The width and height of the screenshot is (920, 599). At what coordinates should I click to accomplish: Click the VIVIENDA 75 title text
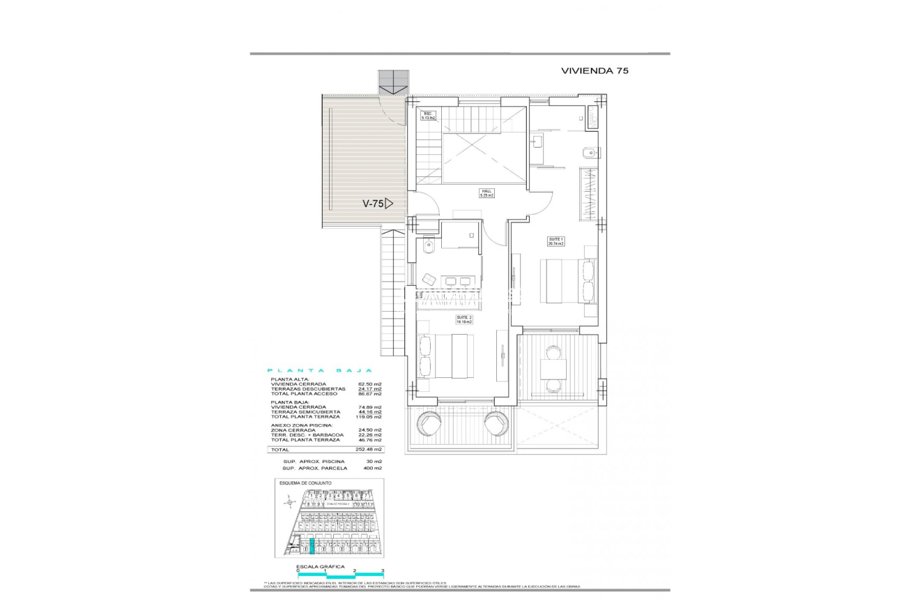coord(595,71)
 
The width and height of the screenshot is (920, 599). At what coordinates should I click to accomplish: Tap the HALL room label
coord(486,193)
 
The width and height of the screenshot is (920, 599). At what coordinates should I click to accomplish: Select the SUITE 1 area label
coord(555,241)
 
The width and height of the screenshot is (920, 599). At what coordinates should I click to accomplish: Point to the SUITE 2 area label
coord(464,319)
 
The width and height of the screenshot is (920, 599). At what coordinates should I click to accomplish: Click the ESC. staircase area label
coord(428,115)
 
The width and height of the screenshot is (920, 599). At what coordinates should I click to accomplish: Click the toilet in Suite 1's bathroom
coord(588,152)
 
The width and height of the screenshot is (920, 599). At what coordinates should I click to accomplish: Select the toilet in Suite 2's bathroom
coord(428,245)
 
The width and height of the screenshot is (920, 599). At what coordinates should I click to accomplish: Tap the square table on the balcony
coord(553,368)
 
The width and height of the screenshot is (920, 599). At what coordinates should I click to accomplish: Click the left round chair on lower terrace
coord(428,423)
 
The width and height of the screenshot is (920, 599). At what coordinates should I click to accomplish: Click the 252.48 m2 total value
coord(369,450)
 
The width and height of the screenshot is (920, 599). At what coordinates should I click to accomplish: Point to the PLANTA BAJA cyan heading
coord(321,371)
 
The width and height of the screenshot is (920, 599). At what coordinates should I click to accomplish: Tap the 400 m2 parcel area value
coord(372,468)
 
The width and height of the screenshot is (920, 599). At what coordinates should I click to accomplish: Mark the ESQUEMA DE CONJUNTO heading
coord(305,483)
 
